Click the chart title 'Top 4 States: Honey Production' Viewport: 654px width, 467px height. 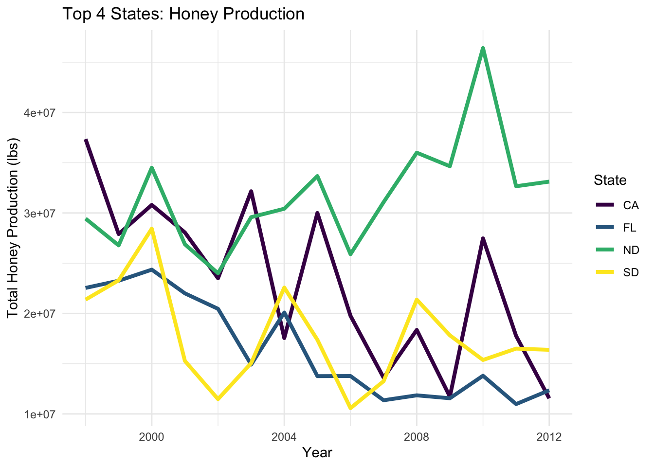click(183, 14)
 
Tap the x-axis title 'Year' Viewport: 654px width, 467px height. click(317, 453)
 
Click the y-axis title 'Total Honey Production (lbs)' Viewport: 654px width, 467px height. click(13, 229)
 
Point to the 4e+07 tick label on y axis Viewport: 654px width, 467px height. click(40, 113)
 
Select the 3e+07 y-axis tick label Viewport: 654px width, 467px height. click(40, 214)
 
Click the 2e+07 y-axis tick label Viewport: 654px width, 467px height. click(40, 314)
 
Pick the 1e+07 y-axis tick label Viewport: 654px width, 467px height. click(40, 414)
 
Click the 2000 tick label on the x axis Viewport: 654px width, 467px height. click(152, 437)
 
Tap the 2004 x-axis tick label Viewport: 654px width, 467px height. click(284, 437)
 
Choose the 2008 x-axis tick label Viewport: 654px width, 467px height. click(417, 437)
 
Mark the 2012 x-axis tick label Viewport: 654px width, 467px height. click(549, 437)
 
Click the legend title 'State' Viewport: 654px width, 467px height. click(610, 180)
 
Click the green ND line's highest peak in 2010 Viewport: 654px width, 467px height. click(483, 48)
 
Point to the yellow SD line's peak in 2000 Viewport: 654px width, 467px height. click(152, 229)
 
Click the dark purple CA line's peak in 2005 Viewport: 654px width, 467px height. click(317, 213)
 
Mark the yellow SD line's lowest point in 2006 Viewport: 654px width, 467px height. click(350, 408)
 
